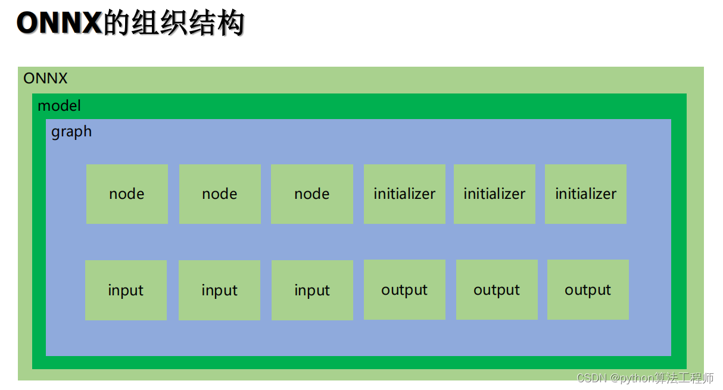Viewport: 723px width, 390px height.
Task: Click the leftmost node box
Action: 127,194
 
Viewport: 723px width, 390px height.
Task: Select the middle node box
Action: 220,194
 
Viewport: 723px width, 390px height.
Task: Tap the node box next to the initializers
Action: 312,194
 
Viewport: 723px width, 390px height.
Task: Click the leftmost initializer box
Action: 404,194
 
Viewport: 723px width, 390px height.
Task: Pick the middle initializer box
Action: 494,194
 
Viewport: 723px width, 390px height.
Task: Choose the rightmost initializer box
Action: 585,194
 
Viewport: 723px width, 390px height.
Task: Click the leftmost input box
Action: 126,291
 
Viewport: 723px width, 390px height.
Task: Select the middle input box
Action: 219,291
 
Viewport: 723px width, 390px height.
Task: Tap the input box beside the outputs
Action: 312,291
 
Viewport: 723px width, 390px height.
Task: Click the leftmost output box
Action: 404,290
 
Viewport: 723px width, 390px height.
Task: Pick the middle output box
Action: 497,290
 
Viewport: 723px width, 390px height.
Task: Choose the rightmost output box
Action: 588,290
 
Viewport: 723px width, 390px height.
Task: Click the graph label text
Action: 71,132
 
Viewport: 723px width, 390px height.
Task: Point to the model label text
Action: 59,106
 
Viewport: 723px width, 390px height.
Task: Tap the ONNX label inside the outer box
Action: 45,78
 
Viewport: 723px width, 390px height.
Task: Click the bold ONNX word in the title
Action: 60,24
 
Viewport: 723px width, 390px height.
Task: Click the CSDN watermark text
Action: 591,379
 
